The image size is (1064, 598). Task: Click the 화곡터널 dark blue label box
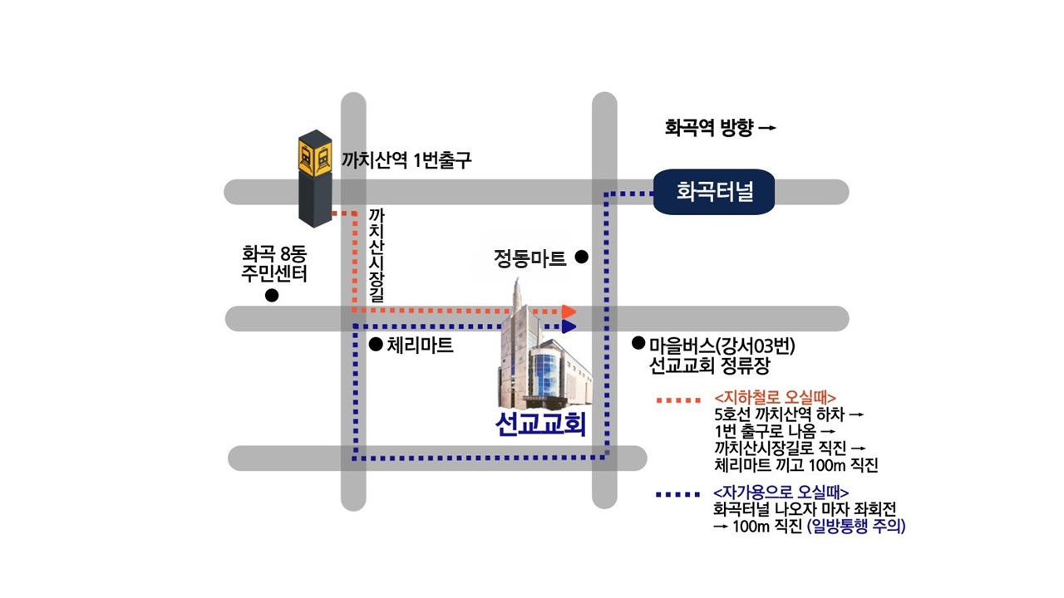(x=714, y=193)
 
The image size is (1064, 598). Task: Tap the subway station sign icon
(x=315, y=155)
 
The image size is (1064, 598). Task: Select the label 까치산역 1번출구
(x=406, y=159)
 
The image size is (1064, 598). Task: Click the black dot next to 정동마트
(x=583, y=257)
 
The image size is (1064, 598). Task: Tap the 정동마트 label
(x=530, y=258)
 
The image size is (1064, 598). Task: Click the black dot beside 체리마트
(x=376, y=344)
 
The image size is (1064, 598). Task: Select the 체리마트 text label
(x=421, y=345)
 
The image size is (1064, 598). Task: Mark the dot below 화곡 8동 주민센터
(x=272, y=297)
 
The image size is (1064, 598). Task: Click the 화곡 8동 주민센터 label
(x=274, y=262)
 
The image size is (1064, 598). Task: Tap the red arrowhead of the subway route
(x=569, y=311)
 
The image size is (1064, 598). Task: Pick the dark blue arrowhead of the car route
(x=569, y=326)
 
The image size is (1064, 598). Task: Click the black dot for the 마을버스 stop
(x=639, y=342)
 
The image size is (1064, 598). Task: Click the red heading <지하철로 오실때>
(x=775, y=396)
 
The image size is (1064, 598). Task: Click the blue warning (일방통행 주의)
(x=855, y=527)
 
